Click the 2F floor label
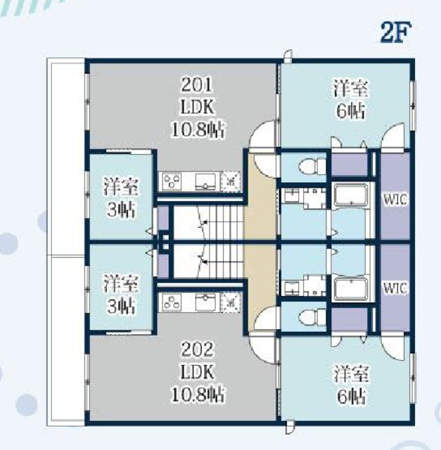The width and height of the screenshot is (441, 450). coord(396,32)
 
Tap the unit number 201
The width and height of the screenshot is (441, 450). coord(197,84)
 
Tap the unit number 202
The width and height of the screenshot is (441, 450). coord(197,349)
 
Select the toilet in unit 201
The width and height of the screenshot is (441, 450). coord(312,166)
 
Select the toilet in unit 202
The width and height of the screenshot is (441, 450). coord(312,318)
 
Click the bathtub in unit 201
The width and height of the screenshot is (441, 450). coord(351,195)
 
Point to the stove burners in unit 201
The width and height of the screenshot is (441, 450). coord(172,181)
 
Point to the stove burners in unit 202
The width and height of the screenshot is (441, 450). coord(172,302)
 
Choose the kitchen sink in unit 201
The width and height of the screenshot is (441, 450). coord(205,181)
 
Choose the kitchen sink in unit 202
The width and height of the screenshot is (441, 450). coord(205,302)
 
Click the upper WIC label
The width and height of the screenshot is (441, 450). coord(395,200)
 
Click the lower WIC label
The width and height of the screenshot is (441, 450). coord(395,288)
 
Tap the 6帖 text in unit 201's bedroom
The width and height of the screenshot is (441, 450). coord(350,111)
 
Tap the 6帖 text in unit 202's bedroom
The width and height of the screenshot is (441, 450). coord(350,397)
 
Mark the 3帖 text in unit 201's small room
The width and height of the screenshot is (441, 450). coord(121,210)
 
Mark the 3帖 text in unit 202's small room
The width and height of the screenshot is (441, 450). coord(121,307)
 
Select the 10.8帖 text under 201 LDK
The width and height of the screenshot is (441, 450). coord(198,129)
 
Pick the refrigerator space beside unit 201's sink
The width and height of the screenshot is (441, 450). coord(231,181)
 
